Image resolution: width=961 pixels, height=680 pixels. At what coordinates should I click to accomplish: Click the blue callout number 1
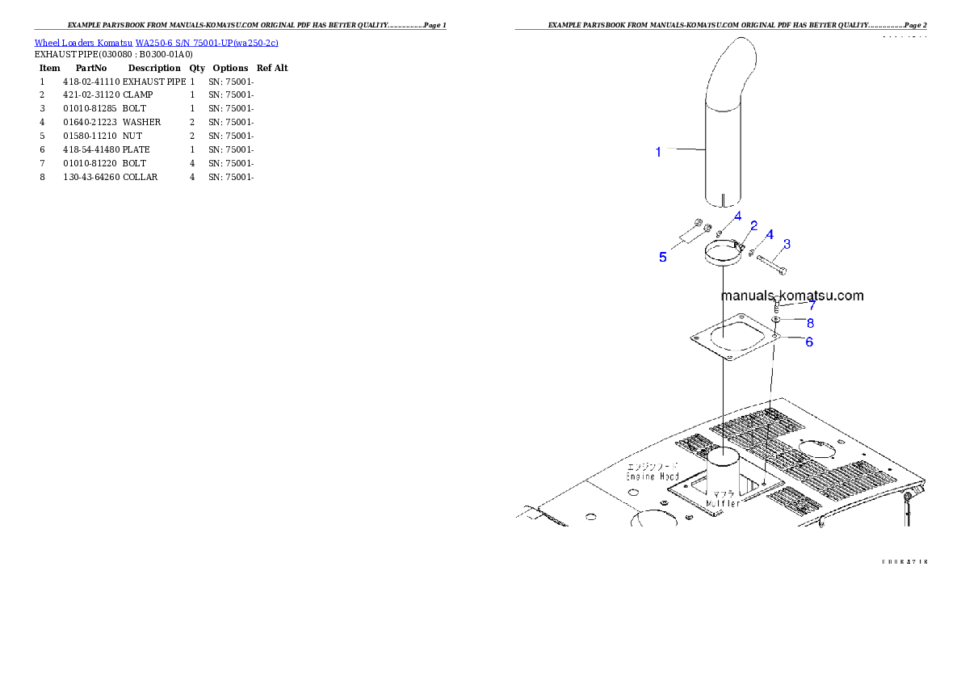(658, 152)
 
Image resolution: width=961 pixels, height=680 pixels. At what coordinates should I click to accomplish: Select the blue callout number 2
(753, 226)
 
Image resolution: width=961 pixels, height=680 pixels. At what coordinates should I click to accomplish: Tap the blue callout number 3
(787, 244)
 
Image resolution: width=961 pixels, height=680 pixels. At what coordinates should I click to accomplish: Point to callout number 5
(662, 257)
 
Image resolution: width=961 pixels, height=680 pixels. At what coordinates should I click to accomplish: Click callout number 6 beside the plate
(808, 342)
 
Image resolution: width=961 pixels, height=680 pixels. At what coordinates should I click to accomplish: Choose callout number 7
(812, 306)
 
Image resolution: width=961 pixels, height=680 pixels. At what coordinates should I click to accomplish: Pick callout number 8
(809, 323)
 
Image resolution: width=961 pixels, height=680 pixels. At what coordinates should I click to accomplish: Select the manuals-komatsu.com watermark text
(792, 296)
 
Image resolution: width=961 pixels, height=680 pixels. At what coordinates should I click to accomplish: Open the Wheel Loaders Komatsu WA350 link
(156, 43)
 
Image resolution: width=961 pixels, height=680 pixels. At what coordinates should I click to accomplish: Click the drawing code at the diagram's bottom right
(904, 560)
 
